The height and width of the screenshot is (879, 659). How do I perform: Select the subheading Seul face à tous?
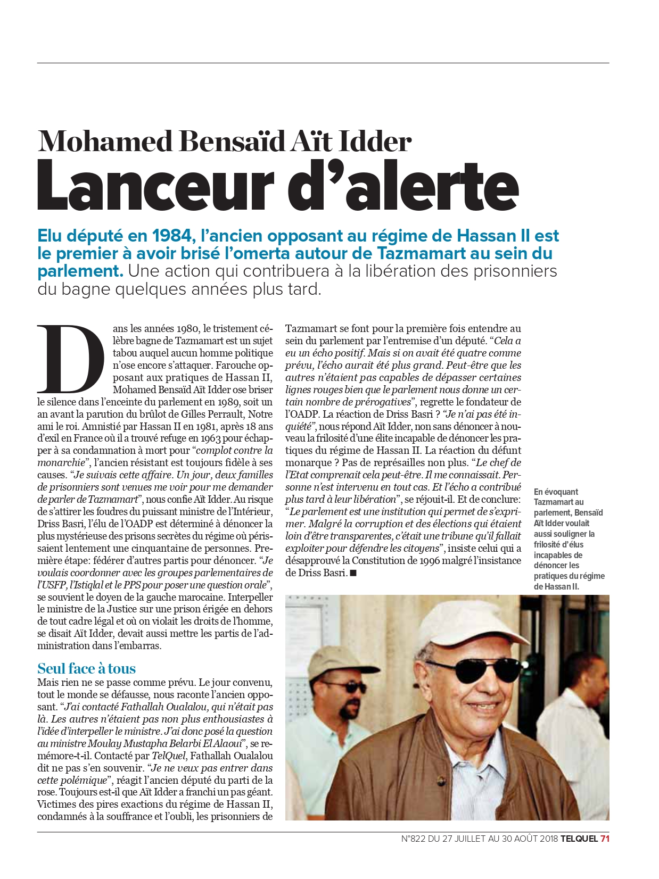coord(86,668)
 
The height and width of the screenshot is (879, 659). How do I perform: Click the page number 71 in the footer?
coord(604,839)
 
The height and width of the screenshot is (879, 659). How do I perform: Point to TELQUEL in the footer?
coord(579,839)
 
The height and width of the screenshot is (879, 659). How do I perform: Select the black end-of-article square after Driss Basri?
coord(353,573)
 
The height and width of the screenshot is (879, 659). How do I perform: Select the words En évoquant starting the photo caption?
coord(556,492)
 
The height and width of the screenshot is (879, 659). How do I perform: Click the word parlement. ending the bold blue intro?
coord(80,271)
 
